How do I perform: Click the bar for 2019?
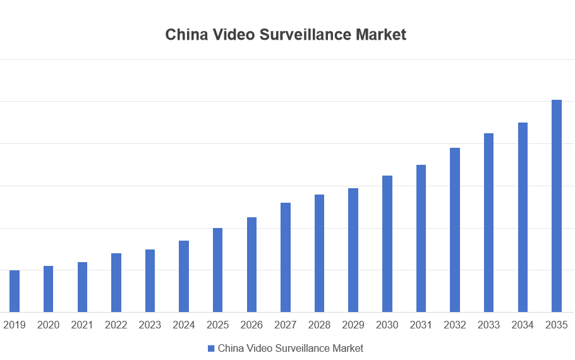click(15, 291)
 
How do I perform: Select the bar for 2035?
click(557, 206)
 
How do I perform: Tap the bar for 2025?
click(218, 270)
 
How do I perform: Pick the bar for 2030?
click(387, 244)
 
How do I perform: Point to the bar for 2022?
click(116, 282)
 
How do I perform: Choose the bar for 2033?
click(488, 222)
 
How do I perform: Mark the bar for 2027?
click(286, 257)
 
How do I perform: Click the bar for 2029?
click(353, 250)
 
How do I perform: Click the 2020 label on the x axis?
click(48, 325)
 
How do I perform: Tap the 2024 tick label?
click(184, 325)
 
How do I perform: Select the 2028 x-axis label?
click(319, 325)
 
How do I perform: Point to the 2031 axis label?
click(421, 325)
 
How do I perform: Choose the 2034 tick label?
click(523, 325)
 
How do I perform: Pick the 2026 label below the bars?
click(251, 325)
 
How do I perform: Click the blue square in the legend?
click(211, 348)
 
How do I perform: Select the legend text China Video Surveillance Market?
click(291, 348)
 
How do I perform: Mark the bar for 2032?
click(455, 230)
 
